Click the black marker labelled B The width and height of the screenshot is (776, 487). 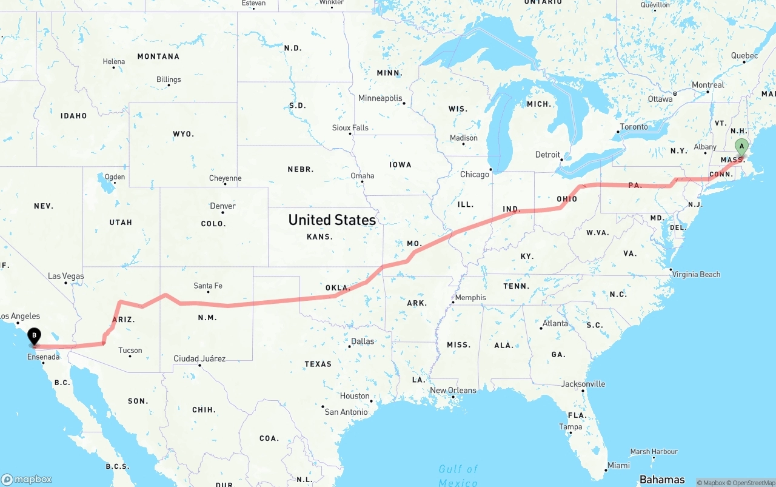(35, 335)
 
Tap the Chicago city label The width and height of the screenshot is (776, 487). (474, 174)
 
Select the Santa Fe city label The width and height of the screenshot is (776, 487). (208, 286)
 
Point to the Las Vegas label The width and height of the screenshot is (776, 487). (66, 276)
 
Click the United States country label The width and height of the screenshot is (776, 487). (332, 220)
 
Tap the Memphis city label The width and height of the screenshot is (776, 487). (470, 297)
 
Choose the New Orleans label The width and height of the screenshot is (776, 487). (453, 390)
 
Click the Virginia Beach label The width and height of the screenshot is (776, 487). (696, 274)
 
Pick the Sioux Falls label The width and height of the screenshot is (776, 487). (350, 128)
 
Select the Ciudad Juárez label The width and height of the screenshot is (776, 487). (199, 358)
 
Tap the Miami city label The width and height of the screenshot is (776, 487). (618, 465)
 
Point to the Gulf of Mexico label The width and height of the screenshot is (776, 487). (458, 475)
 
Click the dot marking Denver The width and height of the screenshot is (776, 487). (223, 212)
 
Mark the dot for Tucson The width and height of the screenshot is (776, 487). (130, 356)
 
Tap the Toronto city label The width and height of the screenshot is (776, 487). (634, 127)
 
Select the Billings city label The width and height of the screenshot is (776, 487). (169, 79)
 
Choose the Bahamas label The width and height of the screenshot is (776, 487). (662, 479)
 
